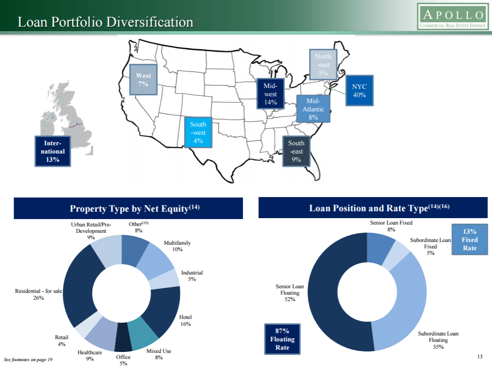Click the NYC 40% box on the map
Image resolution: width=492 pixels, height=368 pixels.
pyautogui.click(x=359, y=91)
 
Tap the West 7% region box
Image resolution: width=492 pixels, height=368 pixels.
pyautogui.click(x=143, y=80)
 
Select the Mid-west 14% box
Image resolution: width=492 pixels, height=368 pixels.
pyautogui.click(x=270, y=93)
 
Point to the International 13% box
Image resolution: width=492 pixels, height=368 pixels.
pyautogui.click(x=53, y=151)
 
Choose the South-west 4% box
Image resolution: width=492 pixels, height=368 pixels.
pyautogui.click(x=198, y=132)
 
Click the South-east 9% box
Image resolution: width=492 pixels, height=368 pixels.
pyautogui.click(x=296, y=151)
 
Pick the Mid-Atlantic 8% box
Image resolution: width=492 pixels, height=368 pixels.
pyautogui.click(x=313, y=109)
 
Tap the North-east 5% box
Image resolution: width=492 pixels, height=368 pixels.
pyautogui.click(x=323, y=65)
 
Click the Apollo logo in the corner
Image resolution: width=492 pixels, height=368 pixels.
pyautogui.click(x=453, y=16)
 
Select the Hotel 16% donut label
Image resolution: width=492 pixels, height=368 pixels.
pyautogui.click(x=185, y=320)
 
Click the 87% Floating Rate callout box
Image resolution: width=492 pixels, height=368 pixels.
pyautogui.click(x=282, y=339)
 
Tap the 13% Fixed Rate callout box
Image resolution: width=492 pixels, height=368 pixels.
pyautogui.click(x=470, y=240)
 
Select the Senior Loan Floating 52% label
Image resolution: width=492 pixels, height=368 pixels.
pyautogui.click(x=290, y=292)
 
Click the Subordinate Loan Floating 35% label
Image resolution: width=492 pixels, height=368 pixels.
pyautogui.click(x=438, y=340)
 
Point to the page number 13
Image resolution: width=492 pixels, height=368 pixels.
pyautogui.click(x=480, y=357)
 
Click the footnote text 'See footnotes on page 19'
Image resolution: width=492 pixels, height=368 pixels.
pyautogui.click(x=28, y=360)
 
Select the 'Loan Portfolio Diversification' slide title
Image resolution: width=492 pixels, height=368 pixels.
pyautogui.click(x=106, y=22)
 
